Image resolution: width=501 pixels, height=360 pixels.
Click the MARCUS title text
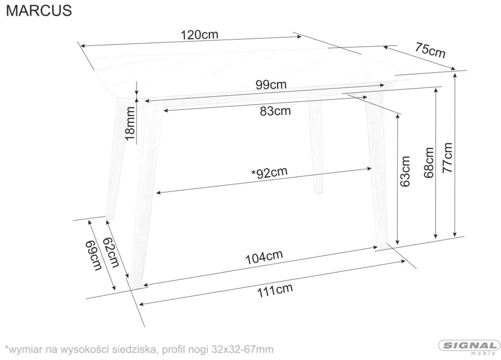tap(39, 10)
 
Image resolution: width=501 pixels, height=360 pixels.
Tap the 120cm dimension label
tap(199, 34)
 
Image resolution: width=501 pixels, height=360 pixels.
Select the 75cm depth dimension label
tap(430, 50)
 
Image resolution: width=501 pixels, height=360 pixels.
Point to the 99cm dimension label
tap(271, 84)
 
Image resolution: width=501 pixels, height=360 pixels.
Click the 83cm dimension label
tap(276, 111)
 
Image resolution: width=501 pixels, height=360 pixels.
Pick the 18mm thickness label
tap(130, 123)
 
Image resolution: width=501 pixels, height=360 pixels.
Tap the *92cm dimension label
tap(269, 172)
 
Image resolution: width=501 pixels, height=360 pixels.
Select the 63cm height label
tap(405, 171)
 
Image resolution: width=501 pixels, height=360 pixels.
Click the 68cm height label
tap(429, 162)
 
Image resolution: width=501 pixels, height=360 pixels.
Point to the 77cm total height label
tap(447, 158)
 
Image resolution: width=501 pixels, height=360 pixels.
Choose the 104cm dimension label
tap(264, 257)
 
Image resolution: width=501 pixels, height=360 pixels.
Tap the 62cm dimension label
tap(111, 252)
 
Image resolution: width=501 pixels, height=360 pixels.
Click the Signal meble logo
tap(469, 347)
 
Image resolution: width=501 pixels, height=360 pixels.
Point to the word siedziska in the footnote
tap(133, 349)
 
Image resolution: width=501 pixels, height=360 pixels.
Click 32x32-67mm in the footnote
tap(243, 349)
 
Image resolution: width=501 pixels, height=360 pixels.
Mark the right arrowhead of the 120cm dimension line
tap(300, 36)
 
